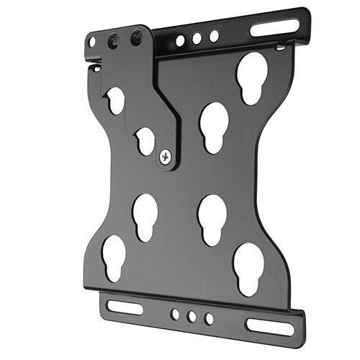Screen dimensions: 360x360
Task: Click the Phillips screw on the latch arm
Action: tap(166, 155)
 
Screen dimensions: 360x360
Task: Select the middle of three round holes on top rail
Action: tap(197, 38)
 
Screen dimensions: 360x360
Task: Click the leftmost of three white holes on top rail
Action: tap(180, 41)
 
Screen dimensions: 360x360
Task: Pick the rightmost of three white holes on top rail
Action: tap(214, 35)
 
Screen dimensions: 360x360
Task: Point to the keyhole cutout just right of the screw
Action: tap(214, 126)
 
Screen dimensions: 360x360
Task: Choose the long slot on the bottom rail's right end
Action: tap(269, 325)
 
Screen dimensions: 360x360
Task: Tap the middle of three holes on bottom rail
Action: tap(192, 316)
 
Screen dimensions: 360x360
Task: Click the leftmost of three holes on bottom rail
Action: tap(175, 314)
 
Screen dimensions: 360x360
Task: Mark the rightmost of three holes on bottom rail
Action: tap(209, 318)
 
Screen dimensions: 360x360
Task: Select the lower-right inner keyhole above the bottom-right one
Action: tap(212, 217)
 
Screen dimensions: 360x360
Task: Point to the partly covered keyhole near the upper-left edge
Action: tap(115, 99)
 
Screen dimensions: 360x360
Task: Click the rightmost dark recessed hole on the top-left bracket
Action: tap(136, 37)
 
